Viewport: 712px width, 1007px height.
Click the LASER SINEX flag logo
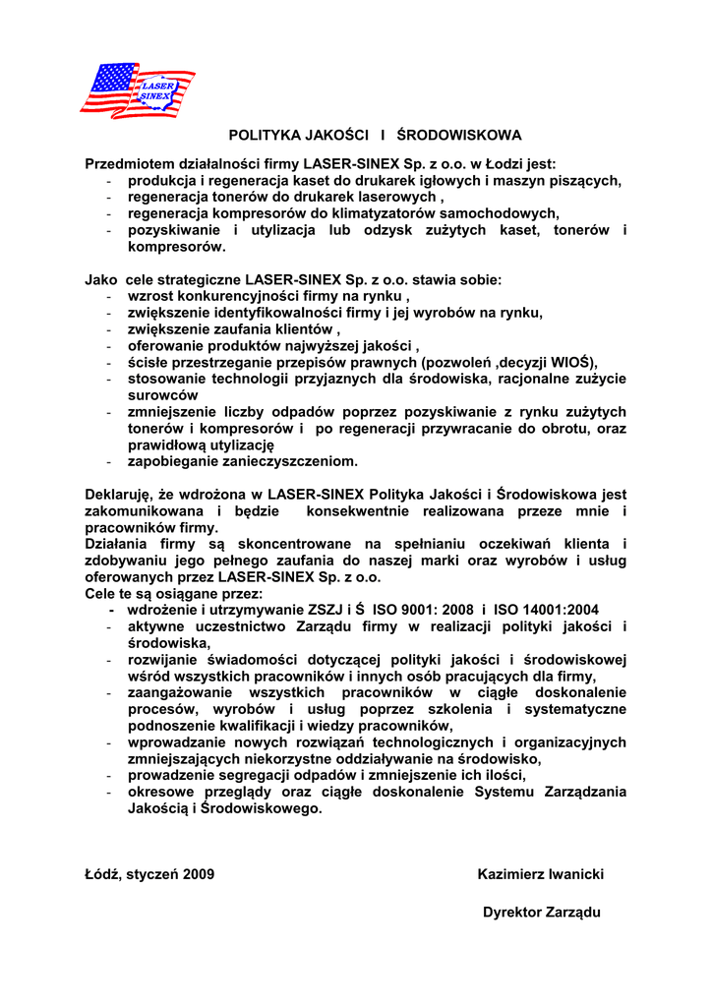(137, 90)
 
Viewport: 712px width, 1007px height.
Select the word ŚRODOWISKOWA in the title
(465, 135)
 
